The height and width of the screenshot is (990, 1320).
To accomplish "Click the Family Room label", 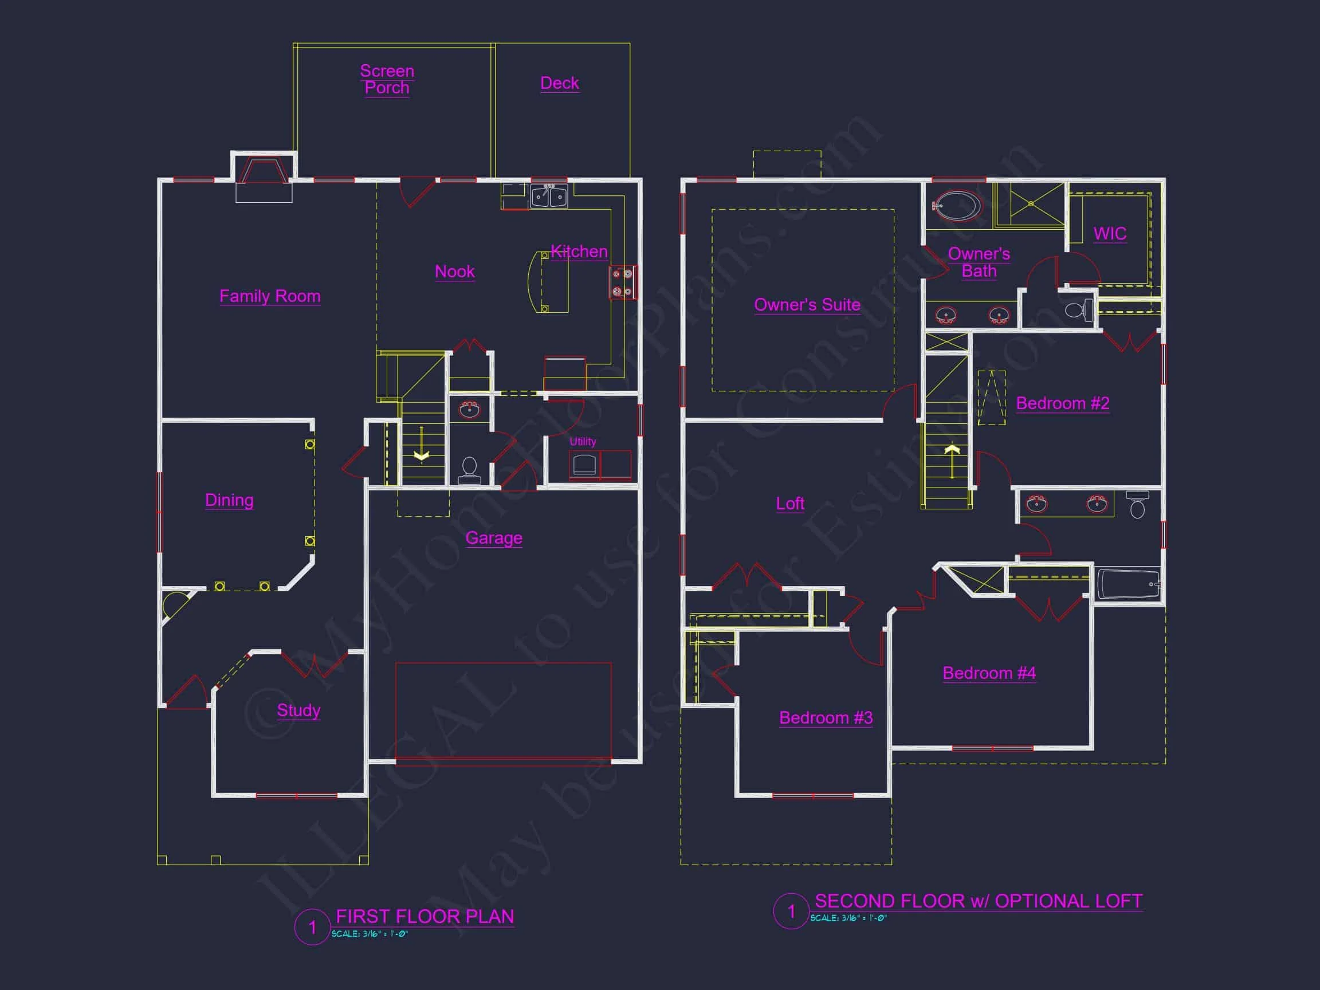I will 270,296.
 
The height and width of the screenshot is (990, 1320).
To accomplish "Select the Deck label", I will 559,83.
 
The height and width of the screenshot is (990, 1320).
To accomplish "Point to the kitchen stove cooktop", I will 622,282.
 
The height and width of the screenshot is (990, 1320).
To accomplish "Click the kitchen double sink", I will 549,196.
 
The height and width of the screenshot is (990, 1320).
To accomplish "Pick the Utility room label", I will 583,442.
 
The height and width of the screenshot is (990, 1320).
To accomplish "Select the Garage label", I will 493,537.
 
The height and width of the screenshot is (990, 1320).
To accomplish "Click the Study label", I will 298,710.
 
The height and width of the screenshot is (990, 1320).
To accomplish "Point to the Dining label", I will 229,500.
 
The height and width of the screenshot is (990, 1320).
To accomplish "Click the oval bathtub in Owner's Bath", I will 957,206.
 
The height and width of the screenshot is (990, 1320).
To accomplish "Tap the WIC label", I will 1110,233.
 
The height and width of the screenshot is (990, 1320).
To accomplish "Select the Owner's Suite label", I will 807,305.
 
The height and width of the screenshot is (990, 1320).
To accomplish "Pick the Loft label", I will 789,504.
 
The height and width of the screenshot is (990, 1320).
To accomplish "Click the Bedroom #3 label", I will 826,717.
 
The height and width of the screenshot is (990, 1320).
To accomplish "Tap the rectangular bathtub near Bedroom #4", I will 1129,584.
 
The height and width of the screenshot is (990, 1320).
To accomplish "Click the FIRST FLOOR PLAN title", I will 425,917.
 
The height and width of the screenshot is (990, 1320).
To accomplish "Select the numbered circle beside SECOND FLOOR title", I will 791,912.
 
